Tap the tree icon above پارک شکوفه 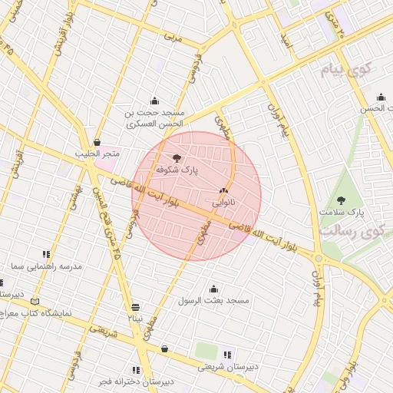coord(178,157)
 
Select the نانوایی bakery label coord(223,203)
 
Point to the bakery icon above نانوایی coord(223,191)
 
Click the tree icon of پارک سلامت coord(341,200)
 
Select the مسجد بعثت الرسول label coord(214,300)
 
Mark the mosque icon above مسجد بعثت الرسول coord(213,289)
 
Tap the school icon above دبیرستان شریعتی coord(227,355)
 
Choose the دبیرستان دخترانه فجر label coord(137,381)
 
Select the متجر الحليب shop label coord(97,154)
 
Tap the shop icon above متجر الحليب coord(97,143)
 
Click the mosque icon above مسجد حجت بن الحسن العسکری coord(155,100)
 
